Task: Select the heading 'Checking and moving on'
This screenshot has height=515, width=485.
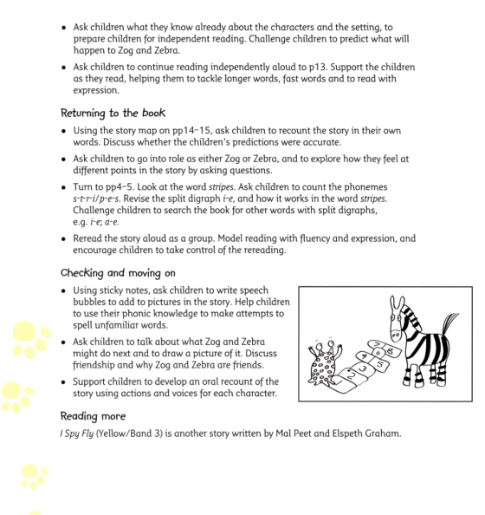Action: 116,272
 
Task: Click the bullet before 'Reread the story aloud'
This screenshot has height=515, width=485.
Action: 65,238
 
